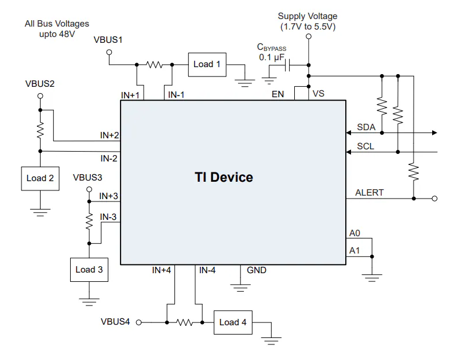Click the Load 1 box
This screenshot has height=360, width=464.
(x=207, y=64)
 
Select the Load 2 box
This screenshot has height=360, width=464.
(x=40, y=178)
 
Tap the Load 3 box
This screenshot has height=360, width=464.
(x=89, y=269)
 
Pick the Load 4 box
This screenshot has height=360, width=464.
(x=233, y=322)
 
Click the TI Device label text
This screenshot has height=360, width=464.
(x=224, y=177)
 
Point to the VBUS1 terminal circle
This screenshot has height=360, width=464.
(x=108, y=52)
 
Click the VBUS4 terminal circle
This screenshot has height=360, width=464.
(x=139, y=322)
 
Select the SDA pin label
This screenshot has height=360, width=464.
(x=366, y=127)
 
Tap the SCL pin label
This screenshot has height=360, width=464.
(x=366, y=146)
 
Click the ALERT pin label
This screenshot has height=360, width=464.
(x=370, y=193)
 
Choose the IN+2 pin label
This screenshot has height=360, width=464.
(x=109, y=135)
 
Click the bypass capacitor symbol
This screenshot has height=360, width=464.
(x=288, y=65)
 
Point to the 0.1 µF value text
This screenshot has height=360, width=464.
(x=271, y=57)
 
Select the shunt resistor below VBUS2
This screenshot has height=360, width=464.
(x=40, y=131)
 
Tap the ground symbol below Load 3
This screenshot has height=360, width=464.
(x=89, y=301)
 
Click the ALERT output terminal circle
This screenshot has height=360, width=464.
(x=434, y=199)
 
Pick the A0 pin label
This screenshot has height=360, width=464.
(x=355, y=234)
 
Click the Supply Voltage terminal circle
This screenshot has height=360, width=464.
(x=308, y=36)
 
